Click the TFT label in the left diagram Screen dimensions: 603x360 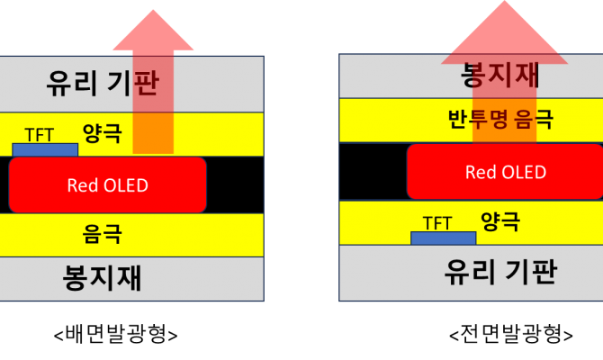40,135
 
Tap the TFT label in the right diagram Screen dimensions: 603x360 437,223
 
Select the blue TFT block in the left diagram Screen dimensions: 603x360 45,150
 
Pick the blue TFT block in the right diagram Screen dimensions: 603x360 444,238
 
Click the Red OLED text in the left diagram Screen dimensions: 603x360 108,185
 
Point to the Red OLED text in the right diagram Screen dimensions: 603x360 506,172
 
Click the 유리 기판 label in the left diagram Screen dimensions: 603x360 103,83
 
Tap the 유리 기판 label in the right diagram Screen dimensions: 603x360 500,272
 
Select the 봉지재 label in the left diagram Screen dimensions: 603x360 102,277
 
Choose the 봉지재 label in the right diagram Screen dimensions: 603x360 499,74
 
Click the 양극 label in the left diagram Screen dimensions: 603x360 103,133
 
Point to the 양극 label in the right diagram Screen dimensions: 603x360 500,221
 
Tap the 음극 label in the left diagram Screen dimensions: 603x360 102,233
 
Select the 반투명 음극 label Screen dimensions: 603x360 500,119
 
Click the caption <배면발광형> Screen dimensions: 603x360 115,334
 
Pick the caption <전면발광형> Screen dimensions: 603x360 511,334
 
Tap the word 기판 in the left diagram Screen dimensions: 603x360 133,83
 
